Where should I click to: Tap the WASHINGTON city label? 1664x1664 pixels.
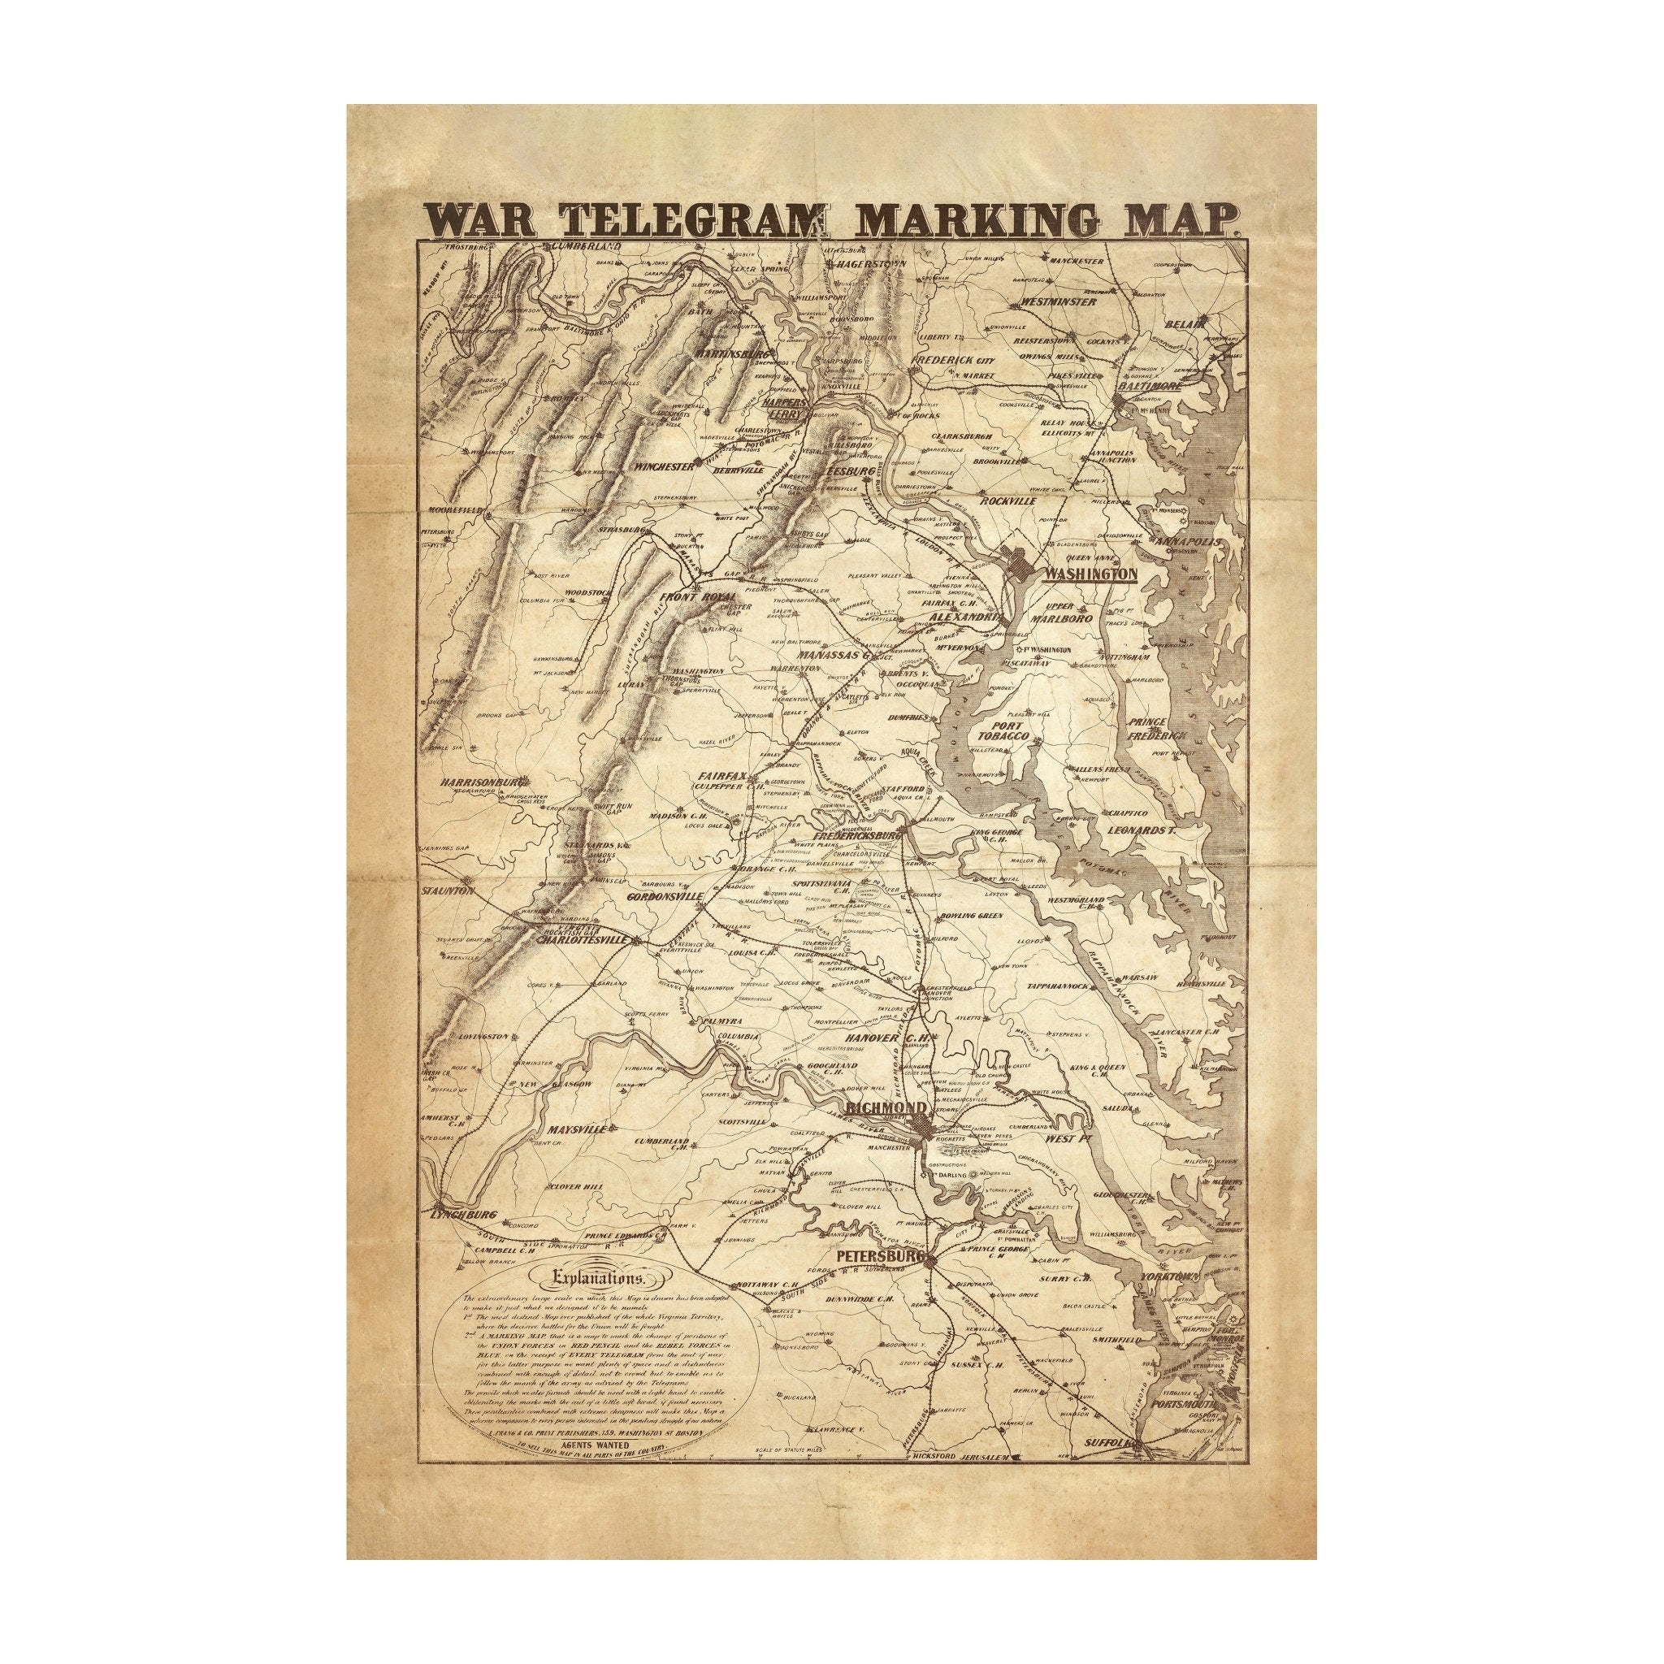click(1090, 573)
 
